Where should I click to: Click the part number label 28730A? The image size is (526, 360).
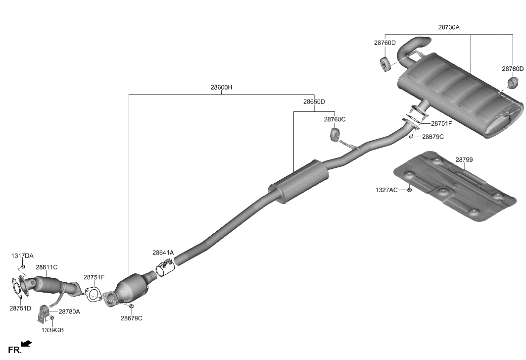448,28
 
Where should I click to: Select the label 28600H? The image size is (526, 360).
221,88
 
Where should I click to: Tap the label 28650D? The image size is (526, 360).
314,102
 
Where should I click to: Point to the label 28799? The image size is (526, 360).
464,160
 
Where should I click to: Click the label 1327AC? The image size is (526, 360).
386,190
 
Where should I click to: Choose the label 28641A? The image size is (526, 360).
163,253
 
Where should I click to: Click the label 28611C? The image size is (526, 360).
47,267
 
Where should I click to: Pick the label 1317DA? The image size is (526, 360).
23,256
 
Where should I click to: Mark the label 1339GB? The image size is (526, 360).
52,330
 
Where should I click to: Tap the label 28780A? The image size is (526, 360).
69,312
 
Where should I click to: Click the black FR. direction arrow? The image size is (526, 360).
27,343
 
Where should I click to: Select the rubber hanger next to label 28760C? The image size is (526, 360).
334,134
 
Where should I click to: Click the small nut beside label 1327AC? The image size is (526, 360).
410,190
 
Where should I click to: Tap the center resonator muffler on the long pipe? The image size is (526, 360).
299,180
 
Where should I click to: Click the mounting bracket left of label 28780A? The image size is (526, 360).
44,311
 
